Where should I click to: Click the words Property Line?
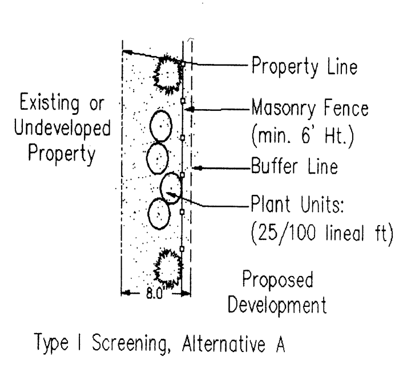tap(305, 67)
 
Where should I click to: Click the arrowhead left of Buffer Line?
tap(195, 168)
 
